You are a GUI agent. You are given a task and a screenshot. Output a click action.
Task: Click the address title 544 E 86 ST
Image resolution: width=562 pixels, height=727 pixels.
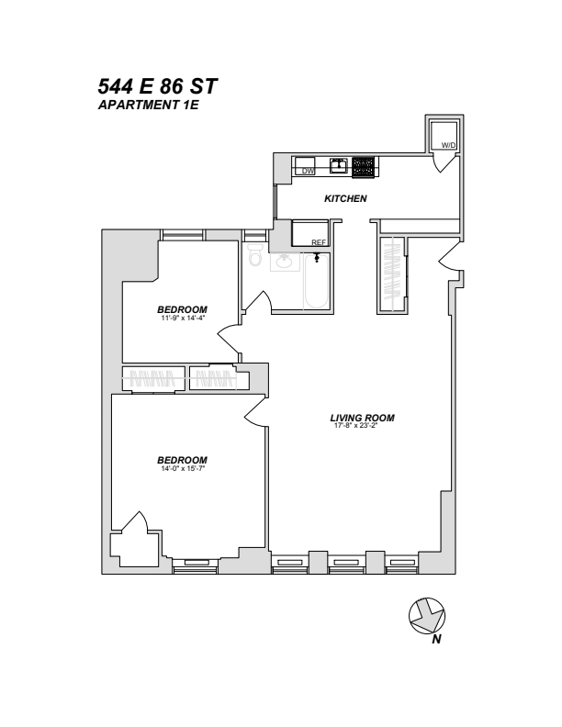coord(158,88)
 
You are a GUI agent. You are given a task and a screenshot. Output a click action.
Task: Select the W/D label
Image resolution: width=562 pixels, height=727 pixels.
coord(448,146)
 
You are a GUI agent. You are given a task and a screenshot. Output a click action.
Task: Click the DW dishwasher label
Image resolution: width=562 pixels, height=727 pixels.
coord(308,171)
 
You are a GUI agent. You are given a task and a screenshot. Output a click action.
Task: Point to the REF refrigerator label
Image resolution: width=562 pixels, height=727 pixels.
coord(319,242)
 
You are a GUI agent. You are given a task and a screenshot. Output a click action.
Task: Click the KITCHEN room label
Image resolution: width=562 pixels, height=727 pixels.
coord(346,199)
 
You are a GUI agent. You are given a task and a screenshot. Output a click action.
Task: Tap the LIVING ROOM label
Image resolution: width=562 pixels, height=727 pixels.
coord(362,418)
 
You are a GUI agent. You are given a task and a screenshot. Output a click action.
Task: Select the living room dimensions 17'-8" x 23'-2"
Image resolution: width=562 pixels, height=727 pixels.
coord(362,426)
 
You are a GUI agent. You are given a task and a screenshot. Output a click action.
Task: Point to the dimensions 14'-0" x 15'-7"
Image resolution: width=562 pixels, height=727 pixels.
coord(182,469)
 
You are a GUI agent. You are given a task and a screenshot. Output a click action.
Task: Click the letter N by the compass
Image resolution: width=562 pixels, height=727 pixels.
coord(438,640)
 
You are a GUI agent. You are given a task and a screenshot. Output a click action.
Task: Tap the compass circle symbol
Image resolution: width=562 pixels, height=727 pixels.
coord(426,614)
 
